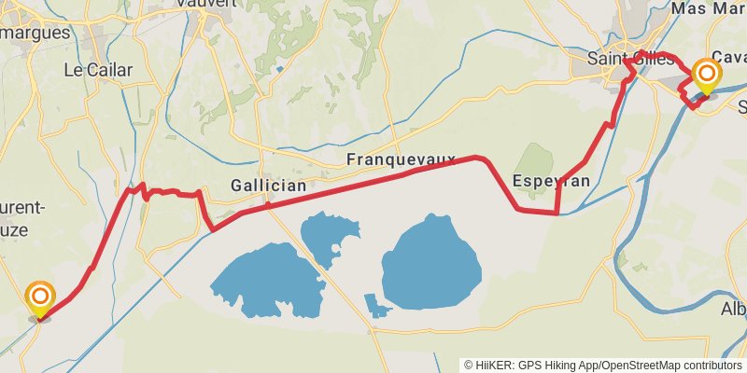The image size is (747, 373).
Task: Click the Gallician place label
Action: [268, 186]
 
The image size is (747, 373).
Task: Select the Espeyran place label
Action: [551, 181]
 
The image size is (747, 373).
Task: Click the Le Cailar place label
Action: [98, 70]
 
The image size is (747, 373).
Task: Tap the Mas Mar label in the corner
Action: [708, 8]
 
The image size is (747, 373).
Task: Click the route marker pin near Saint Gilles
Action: [707, 75]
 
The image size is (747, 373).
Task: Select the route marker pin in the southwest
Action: [40, 298]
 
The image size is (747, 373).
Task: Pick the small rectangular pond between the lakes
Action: [376, 305]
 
